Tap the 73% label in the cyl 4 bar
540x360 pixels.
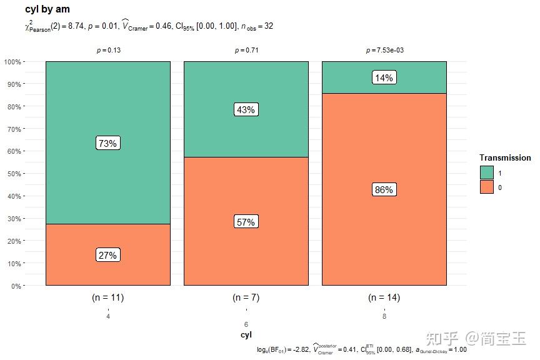click(x=107, y=143)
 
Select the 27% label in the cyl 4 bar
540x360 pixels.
click(x=107, y=255)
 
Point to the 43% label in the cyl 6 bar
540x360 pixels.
click(x=246, y=109)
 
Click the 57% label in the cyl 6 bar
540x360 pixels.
click(x=246, y=222)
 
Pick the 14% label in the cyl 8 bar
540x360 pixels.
click(x=384, y=78)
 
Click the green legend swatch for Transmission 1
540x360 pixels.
click(x=486, y=172)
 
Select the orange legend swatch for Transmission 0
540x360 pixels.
click(x=486, y=187)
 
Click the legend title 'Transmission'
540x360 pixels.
click(x=505, y=158)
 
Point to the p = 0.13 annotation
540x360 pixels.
click(x=108, y=51)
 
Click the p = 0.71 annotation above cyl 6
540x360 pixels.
click(x=246, y=51)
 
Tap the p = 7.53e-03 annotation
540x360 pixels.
click(x=384, y=51)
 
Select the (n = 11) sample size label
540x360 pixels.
click(x=107, y=297)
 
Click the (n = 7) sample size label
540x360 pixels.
click(x=246, y=297)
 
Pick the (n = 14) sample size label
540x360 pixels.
click(x=384, y=297)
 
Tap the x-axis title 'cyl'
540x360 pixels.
click(x=246, y=335)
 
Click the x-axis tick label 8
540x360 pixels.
click(x=384, y=317)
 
